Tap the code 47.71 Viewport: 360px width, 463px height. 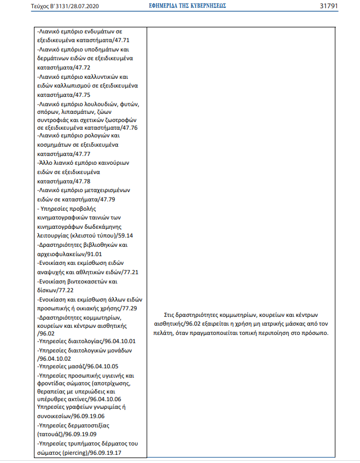point(121,40)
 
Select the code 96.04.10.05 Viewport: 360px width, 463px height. point(101,366)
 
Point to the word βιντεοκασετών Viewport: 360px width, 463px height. point(83,281)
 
